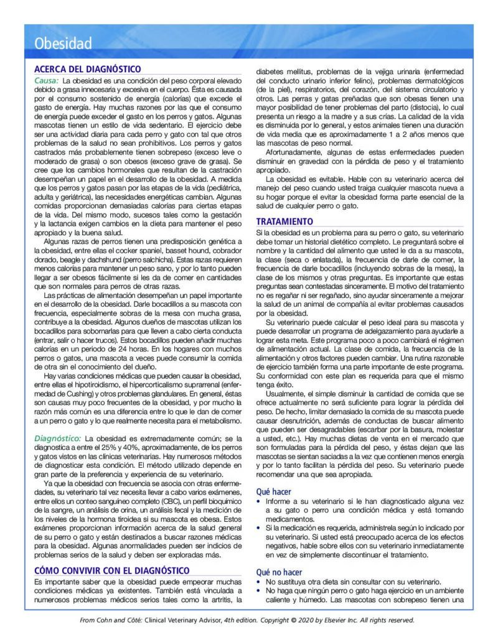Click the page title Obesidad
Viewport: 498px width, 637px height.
63,44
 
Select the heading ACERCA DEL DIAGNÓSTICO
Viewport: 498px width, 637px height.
87,69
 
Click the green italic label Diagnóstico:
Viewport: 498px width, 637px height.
56,438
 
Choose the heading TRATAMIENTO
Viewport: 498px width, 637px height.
284,221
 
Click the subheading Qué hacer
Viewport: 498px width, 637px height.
273,491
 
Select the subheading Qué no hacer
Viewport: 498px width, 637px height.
279,572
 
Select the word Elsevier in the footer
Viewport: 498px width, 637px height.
342,620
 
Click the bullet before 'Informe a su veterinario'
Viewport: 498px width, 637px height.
260,501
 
